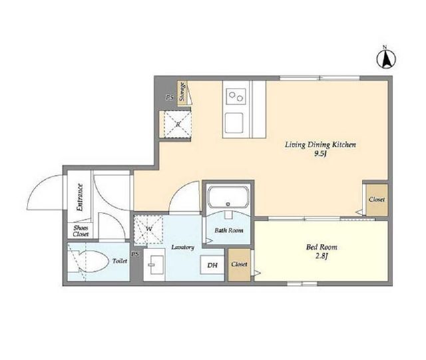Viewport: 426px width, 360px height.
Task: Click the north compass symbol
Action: coord(386,59)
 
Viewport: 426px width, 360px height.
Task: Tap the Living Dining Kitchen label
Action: coord(320,144)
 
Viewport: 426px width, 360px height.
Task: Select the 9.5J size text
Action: coord(320,154)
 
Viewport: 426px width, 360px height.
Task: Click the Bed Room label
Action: coord(321,247)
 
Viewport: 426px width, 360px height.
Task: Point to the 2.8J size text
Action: coord(321,256)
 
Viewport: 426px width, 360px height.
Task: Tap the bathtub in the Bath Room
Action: coord(228,197)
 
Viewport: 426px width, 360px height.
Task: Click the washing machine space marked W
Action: coord(148,229)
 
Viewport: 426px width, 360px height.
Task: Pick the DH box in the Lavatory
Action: coord(212,265)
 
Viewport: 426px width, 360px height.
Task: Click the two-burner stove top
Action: coord(236,96)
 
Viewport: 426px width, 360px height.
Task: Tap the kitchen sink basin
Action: coord(234,123)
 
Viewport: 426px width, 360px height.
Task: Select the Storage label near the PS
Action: coord(182,91)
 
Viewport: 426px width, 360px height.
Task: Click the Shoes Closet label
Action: coord(81,231)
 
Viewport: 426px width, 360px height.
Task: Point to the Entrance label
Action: coord(80,198)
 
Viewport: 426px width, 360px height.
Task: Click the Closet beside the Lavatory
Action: coord(239,264)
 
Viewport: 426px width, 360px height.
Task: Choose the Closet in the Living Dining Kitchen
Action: coord(377,200)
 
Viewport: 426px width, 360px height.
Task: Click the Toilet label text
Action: coord(120,261)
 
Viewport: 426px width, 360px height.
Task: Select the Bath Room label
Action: coord(229,230)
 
